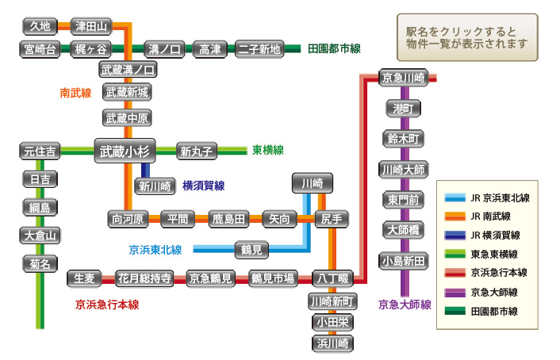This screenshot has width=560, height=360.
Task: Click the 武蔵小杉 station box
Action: pos(126,150)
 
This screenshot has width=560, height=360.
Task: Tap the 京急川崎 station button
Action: pos(404,78)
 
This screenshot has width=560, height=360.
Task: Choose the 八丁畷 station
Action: pos(332,278)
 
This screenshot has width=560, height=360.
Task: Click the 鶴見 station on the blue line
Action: pos(255,250)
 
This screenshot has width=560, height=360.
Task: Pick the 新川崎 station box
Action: pos(155,186)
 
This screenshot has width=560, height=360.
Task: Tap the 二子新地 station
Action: pos(259,49)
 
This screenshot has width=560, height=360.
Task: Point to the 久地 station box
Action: pos(40,26)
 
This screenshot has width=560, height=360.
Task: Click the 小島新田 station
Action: pos(404,260)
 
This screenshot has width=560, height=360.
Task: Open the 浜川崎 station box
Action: pos(332,343)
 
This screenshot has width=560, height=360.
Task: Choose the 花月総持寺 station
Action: pos(144,278)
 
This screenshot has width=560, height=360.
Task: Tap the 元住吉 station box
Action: pos(40,150)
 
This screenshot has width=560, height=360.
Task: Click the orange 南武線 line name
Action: pos(75,93)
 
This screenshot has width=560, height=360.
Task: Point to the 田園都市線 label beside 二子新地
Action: pos(334,49)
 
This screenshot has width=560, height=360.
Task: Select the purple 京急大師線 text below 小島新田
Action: pos(405,304)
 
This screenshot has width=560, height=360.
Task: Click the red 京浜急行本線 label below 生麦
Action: pos(107,304)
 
